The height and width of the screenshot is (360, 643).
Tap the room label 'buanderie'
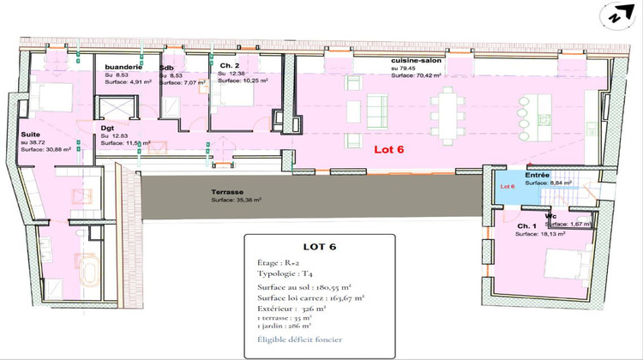coord(123,67)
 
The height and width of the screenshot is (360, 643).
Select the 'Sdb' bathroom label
coord(166,67)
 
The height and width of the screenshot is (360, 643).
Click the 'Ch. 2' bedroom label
coord(228,66)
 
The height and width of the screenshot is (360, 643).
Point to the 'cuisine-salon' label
coord(415,61)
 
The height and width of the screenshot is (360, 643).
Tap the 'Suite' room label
coord(30,135)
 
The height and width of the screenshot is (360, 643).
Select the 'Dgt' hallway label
coord(108,127)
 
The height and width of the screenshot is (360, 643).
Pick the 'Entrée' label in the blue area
coord(537,174)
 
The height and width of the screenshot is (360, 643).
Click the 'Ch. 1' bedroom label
coord(526,225)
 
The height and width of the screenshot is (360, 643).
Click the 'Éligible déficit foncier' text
coord(301,340)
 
